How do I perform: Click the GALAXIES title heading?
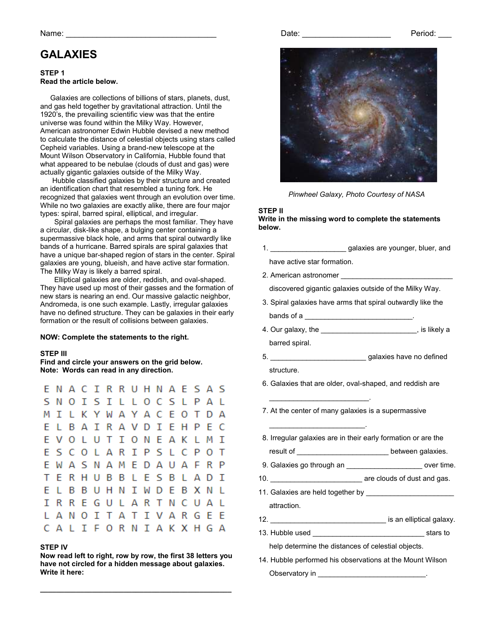tap(69, 55)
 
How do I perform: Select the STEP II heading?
tap(271, 211)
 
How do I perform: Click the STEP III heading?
tap(54, 354)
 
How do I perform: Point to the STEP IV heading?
tap(54, 547)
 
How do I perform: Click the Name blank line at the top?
tap(141, 36)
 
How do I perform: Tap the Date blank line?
tap(346, 36)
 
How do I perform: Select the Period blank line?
tap(445, 36)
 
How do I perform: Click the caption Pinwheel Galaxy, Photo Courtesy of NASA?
tap(356, 194)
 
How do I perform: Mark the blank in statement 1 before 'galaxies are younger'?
tap(308, 250)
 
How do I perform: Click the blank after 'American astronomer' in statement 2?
tap(396, 277)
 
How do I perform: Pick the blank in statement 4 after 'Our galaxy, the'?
tap(369, 332)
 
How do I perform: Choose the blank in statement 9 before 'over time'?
tap(384, 467)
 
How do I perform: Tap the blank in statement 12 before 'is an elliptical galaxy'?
tap(328, 521)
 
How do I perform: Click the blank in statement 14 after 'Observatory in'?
tap(372, 575)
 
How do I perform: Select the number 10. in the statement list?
tap(263, 478)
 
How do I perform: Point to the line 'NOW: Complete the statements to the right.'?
tap(114, 337)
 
